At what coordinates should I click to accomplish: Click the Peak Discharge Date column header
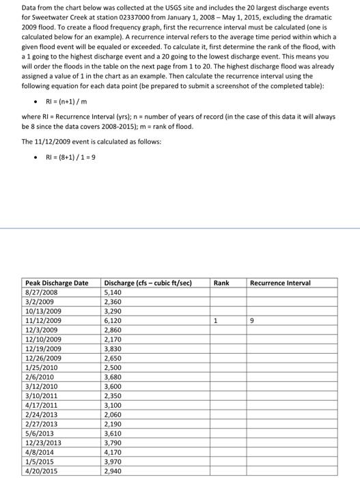tap(57, 283)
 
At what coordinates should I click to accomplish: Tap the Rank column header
tap(221, 283)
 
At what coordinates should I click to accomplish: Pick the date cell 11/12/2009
tap(43, 320)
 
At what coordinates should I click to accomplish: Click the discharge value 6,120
tap(113, 320)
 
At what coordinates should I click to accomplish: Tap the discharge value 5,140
tap(113, 292)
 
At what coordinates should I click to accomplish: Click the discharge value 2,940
tap(113, 471)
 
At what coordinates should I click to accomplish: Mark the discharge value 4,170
tap(113, 452)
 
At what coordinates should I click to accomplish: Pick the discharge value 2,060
tap(113, 414)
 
